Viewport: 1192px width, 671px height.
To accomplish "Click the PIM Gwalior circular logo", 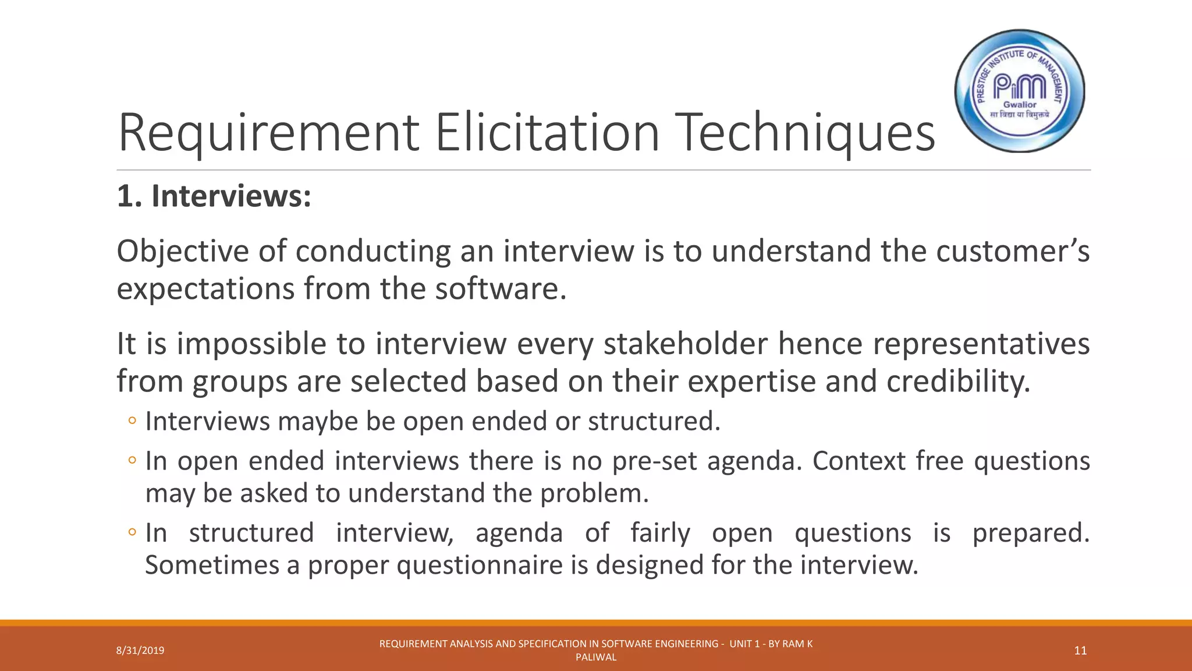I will click(x=1020, y=91).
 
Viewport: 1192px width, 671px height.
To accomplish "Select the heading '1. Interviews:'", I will click(x=214, y=196).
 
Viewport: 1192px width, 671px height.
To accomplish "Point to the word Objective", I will click(x=183, y=252).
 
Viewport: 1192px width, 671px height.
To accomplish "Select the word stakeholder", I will click(x=685, y=344).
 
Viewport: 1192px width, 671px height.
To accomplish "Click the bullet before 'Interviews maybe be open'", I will click(x=132, y=421).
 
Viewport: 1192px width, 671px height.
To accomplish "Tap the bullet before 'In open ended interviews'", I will click(x=132, y=461).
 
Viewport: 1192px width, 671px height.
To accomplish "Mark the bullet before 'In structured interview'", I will click(x=132, y=532).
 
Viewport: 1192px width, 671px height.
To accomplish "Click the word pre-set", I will click(x=654, y=461).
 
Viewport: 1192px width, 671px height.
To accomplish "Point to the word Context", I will click(x=858, y=461).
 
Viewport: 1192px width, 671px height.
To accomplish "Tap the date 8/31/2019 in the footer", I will click(x=140, y=651).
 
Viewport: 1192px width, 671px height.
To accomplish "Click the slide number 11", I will click(x=1080, y=651).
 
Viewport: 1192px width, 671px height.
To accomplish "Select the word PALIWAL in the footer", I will click(x=595, y=658).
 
